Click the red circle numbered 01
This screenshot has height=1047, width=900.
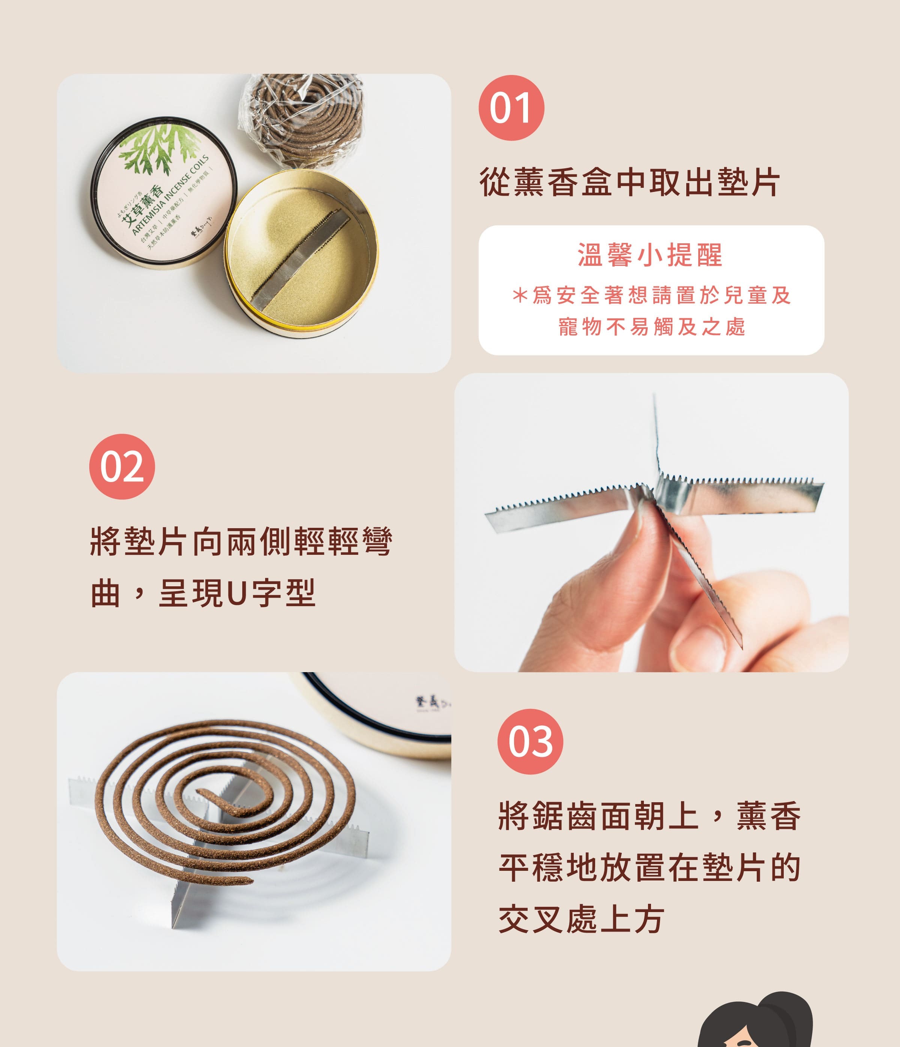click(x=511, y=108)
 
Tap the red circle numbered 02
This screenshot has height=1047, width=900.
click(x=122, y=466)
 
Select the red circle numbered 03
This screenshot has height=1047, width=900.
click(x=530, y=741)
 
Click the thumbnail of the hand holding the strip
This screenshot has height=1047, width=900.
click(x=651, y=523)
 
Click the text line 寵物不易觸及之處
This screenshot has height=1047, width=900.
click(x=651, y=327)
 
